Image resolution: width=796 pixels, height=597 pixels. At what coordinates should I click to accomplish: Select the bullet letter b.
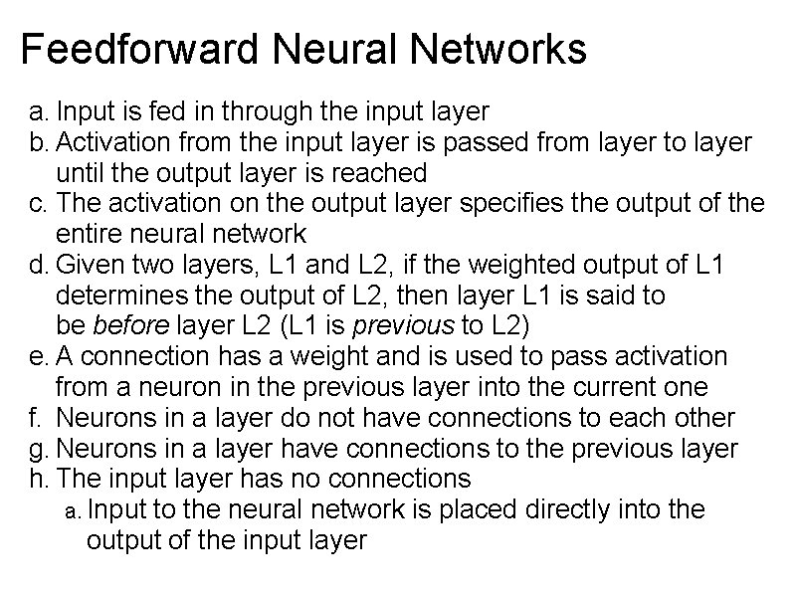click(37, 142)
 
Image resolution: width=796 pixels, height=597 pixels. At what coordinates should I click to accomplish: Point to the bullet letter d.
click(37, 265)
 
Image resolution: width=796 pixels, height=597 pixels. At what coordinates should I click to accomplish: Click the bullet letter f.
click(36, 418)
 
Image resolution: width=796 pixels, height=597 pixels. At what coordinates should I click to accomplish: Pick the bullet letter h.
click(37, 479)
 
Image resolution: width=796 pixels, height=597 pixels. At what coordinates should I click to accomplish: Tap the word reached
click(375, 173)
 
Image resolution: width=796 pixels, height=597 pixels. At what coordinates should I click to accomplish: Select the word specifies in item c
click(454, 204)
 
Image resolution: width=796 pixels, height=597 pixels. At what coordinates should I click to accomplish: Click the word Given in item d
click(88, 266)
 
